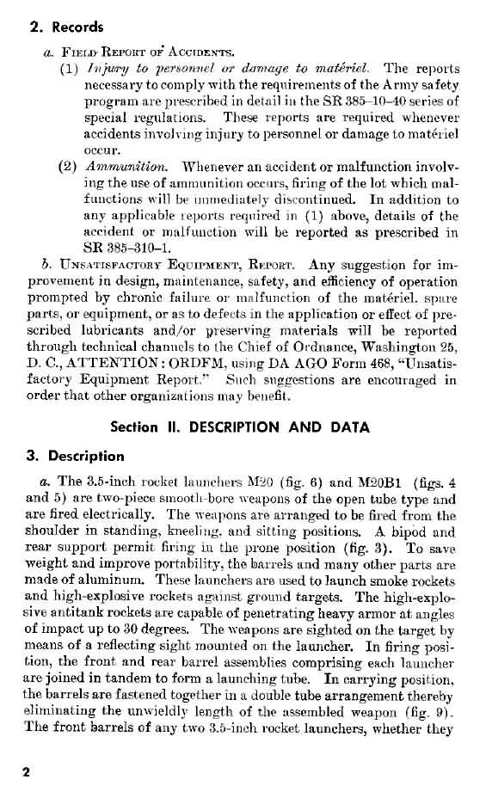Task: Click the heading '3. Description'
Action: pyautogui.click(x=74, y=455)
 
